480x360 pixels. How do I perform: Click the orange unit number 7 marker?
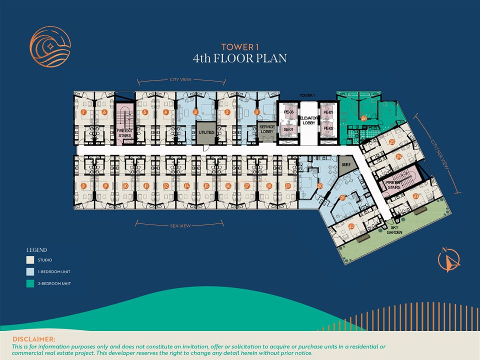tap(83, 112)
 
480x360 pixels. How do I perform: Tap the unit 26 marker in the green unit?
tap(364, 118)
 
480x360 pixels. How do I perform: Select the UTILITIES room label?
tap(206, 132)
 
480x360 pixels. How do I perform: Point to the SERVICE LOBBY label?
tap(267, 129)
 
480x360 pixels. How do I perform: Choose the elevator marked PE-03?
tap(287, 113)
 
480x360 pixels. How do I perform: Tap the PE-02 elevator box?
tap(328, 128)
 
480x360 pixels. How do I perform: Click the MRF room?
tap(345, 165)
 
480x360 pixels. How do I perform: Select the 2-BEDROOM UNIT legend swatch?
tap(29, 283)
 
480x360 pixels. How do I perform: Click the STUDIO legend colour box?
tap(29, 260)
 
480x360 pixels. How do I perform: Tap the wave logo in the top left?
tap(50, 46)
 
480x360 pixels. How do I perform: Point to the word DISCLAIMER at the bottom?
tap(34, 339)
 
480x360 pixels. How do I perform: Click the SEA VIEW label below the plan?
tap(180, 226)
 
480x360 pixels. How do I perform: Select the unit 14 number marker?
tap(186, 186)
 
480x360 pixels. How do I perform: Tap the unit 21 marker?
tap(342, 198)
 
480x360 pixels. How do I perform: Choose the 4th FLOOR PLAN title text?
tap(240, 58)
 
